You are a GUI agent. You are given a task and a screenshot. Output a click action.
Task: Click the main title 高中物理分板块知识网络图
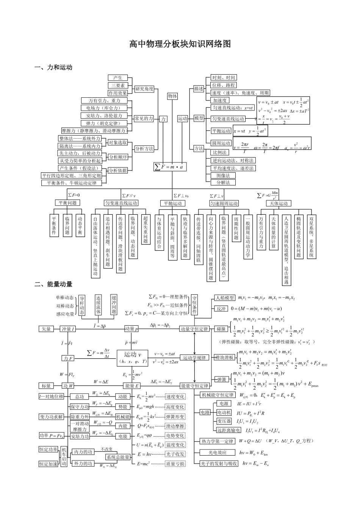point(180,44)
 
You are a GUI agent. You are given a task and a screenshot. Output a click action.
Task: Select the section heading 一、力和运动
point(53,67)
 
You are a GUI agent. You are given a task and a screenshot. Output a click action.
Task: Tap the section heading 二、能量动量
point(53,284)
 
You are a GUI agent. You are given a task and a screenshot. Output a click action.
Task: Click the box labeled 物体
point(172,96)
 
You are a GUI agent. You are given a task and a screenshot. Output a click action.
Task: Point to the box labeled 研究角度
point(144,89)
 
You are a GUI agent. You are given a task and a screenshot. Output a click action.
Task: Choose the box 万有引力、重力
point(104,100)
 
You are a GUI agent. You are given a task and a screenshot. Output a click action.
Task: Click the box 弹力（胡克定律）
point(104,123)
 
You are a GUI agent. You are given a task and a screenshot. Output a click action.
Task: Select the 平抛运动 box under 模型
point(221,131)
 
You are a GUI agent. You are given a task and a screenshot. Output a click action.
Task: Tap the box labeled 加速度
point(220,100)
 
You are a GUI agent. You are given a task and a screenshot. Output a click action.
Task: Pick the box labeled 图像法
point(223,175)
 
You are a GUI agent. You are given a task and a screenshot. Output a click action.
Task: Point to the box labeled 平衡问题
point(67,203)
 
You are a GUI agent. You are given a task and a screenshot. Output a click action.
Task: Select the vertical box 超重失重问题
point(146,230)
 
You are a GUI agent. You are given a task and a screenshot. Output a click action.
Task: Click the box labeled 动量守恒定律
point(194,329)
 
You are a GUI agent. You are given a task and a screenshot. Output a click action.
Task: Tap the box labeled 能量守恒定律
point(195,386)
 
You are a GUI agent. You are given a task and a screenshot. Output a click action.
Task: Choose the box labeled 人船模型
point(225,298)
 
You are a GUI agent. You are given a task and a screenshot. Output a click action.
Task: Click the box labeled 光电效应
point(218,453)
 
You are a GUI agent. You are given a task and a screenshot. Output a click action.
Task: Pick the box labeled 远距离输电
point(229,430)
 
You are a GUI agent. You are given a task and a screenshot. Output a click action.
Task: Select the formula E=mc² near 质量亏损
point(144,464)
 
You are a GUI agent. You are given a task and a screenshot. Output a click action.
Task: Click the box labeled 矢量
point(46,329)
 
